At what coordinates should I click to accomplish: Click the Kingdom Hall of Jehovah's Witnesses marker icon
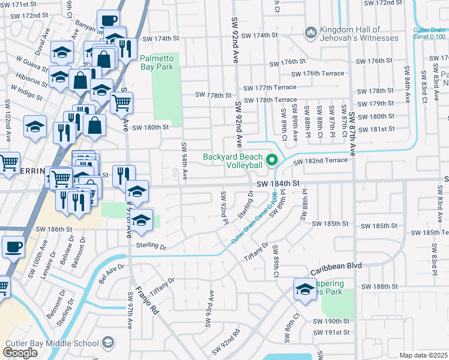311,31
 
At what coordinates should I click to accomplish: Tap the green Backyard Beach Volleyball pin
271,160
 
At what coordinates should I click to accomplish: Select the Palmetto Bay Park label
156,62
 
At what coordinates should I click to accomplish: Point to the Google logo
20,353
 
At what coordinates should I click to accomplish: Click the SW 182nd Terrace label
320,161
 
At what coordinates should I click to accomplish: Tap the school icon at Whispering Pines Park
305,290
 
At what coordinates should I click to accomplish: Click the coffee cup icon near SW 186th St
13,246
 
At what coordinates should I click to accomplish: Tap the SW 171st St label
22,4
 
